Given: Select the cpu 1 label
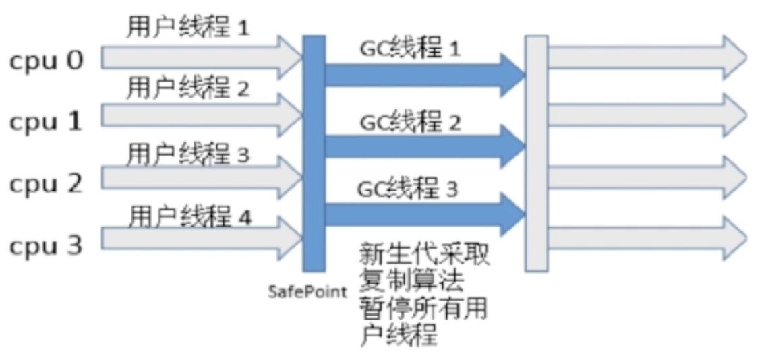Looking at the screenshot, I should click(x=46, y=122).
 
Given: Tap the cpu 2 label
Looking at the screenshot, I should click(x=46, y=183).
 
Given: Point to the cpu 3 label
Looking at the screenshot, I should click(x=46, y=244).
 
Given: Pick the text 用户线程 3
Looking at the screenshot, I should click(x=188, y=156).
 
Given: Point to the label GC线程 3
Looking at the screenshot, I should click(x=408, y=188).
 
